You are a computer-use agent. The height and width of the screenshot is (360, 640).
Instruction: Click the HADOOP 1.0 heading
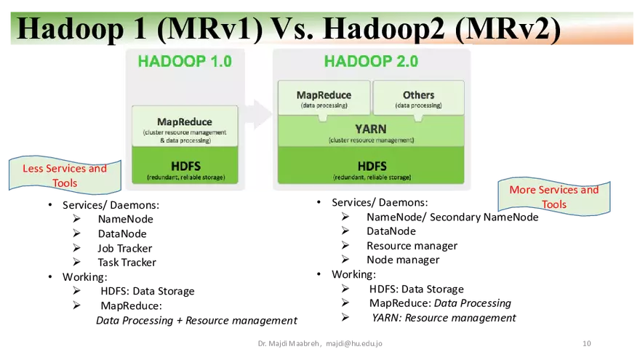coord(185,61)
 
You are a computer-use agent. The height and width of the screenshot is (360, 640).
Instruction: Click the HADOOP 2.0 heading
coord(371,61)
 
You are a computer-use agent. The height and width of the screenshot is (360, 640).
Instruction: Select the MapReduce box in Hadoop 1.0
coord(185,126)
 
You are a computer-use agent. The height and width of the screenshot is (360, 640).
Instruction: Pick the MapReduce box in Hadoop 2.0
coord(324,99)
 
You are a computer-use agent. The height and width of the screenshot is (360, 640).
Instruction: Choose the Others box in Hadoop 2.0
coord(418,99)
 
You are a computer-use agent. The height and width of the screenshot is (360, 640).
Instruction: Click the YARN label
coord(371,128)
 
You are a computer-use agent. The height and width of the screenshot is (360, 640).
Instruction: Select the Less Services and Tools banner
coord(65,175)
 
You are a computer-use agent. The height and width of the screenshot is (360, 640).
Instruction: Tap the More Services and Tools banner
coord(553,196)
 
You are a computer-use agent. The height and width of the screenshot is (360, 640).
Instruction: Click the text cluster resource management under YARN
coord(371,140)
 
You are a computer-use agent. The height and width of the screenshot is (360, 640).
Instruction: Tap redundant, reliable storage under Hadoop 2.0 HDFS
coord(371,177)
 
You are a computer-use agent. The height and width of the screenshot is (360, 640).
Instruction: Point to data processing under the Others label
coord(418,106)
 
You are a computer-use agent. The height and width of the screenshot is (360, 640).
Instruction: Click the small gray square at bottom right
coord(588,343)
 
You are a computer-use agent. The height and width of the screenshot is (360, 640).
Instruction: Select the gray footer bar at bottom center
coord(320,343)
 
